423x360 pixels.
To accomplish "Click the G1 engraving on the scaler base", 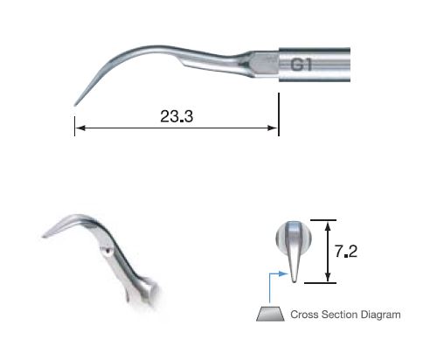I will pos(302,64).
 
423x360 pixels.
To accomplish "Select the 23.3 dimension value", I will pos(176,117).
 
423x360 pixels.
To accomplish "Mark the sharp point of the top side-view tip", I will pos(74,106).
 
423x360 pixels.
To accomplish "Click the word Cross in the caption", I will pos(304,314).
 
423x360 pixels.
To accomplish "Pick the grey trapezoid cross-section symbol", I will pos(268,314).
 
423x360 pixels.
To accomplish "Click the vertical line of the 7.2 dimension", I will pos(329,252).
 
